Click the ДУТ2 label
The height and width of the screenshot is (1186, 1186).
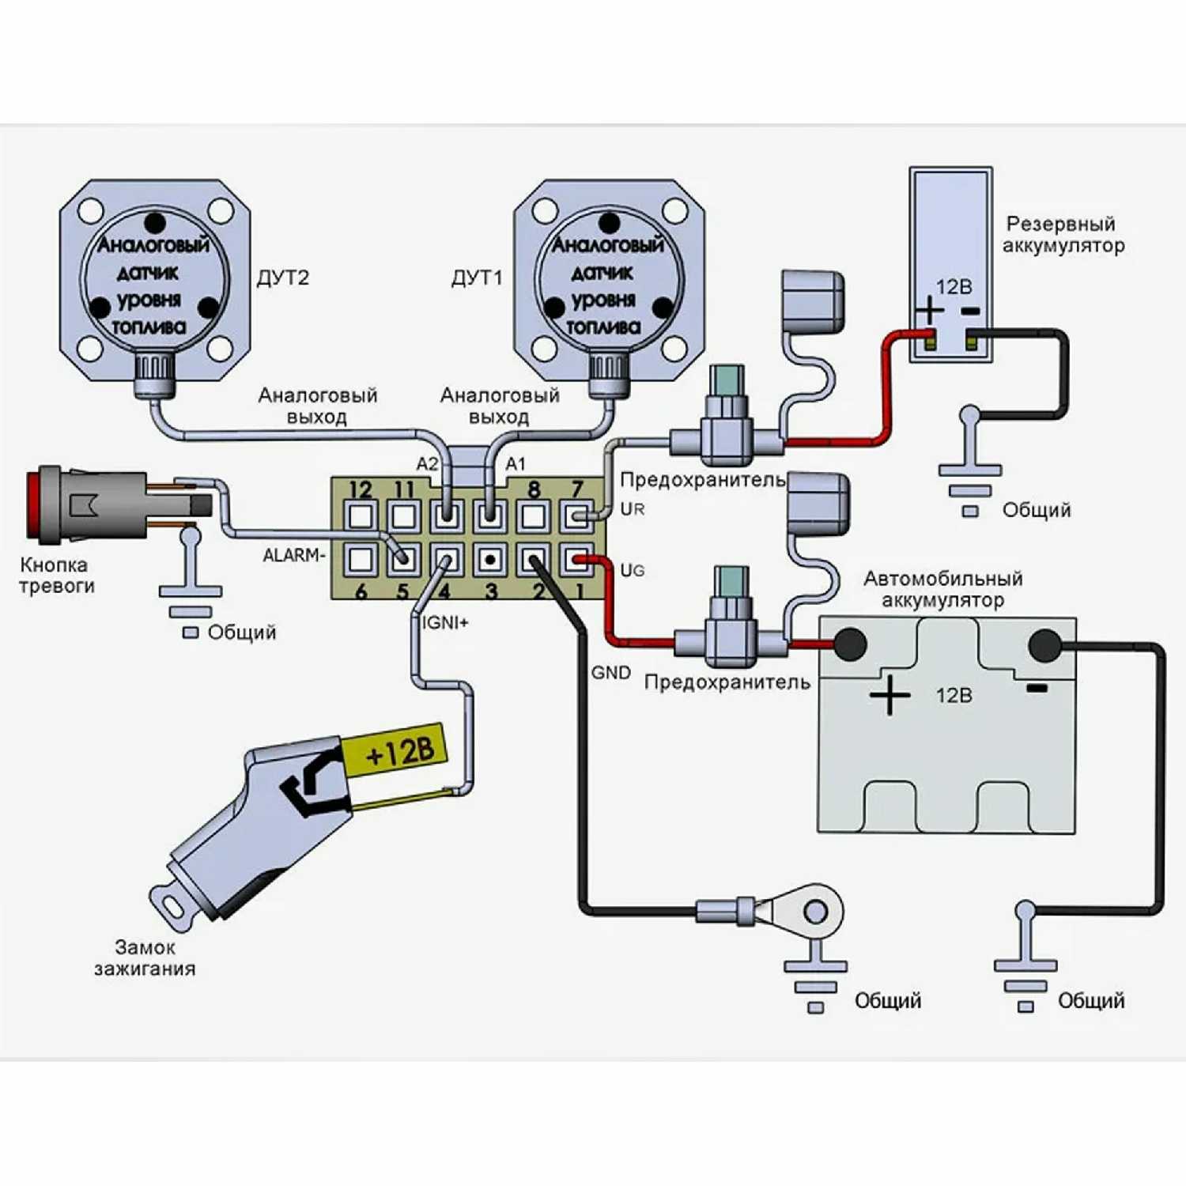pyautogui.click(x=282, y=278)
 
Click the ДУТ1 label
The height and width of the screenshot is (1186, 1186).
pyautogui.click(x=476, y=278)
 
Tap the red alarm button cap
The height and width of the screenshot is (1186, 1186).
pyautogui.click(x=33, y=504)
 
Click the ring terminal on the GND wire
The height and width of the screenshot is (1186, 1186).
pyautogui.click(x=814, y=912)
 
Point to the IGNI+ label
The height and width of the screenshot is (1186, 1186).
pyautogui.click(x=445, y=623)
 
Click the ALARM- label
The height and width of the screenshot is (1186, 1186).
pyautogui.click(x=293, y=555)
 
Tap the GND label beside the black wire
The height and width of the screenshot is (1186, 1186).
pyautogui.click(x=611, y=673)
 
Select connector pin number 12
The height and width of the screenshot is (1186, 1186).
pyautogui.click(x=361, y=516)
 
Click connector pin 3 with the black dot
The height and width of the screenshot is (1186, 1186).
pyautogui.click(x=490, y=560)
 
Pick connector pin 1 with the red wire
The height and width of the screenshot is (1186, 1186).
pyautogui.click(x=577, y=560)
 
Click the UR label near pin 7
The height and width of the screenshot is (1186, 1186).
pyautogui.click(x=632, y=509)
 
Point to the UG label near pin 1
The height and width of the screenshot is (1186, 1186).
pyautogui.click(x=632, y=570)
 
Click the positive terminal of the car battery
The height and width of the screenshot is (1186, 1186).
pyautogui.click(x=849, y=644)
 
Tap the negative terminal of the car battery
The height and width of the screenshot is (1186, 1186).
pyautogui.click(x=1044, y=645)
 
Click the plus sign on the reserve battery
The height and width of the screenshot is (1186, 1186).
pyautogui.click(x=930, y=309)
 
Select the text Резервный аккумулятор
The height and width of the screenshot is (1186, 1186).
pyautogui.click(x=1063, y=235)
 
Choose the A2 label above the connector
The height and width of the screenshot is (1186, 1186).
pyautogui.click(x=427, y=464)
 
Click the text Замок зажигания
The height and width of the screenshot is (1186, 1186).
pyautogui.click(x=145, y=957)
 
